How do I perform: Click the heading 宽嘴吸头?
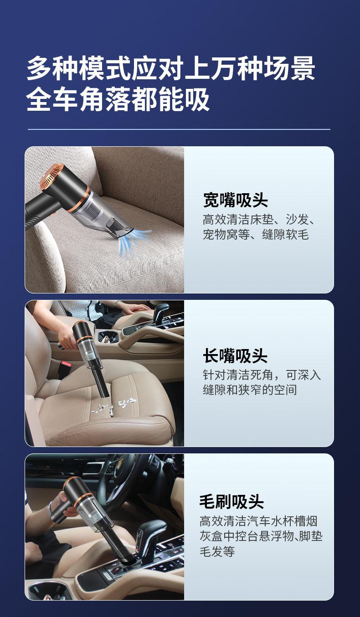tap(235, 200)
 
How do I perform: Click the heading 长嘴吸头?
tap(235, 356)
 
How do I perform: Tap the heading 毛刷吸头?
tap(231, 501)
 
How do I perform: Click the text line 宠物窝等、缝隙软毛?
tap(256, 235)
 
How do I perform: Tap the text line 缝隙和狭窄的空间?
tap(250, 390)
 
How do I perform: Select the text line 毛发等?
tap(217, 551)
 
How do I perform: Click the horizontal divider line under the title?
tap(179, 129)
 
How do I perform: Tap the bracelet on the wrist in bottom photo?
tap(49, 508)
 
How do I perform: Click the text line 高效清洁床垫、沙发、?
tap(259, 220)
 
